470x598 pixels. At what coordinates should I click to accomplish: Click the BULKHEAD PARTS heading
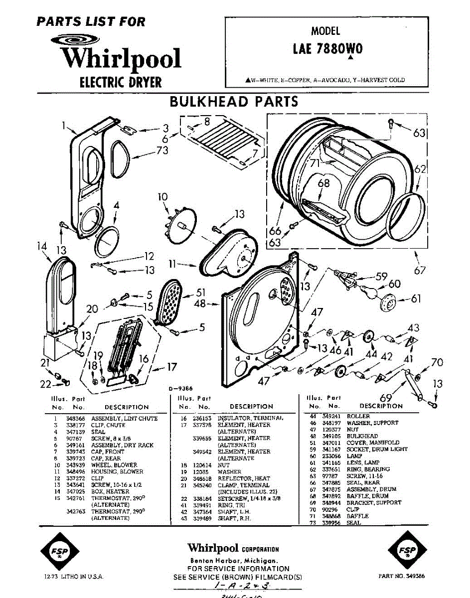point(234,102)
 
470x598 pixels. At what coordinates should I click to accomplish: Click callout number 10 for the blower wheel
point(163,197)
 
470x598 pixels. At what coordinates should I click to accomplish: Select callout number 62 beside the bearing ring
point(420,169)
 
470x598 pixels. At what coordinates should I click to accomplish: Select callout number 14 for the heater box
point(41,246)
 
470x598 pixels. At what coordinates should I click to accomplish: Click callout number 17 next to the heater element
point(171,367)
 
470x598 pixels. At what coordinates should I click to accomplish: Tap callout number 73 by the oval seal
point(162,150)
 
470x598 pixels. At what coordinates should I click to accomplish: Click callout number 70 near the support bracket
point(437,362)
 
